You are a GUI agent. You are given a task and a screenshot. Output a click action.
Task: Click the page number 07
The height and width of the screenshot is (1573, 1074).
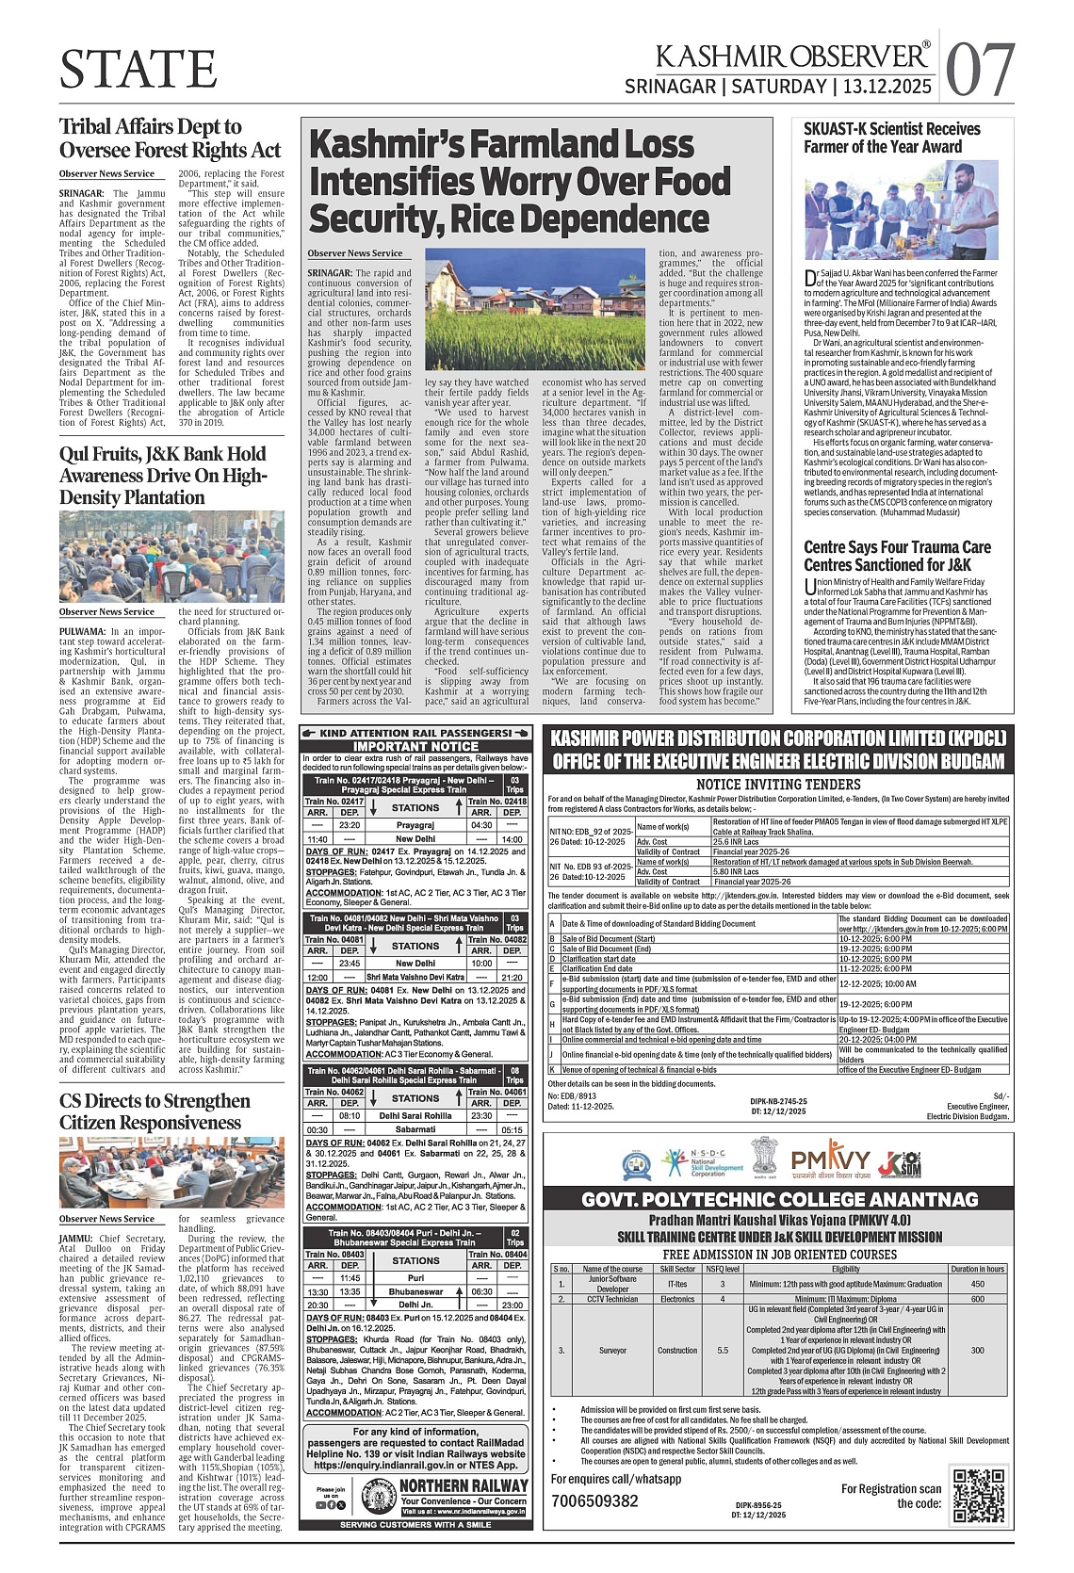point(980,69)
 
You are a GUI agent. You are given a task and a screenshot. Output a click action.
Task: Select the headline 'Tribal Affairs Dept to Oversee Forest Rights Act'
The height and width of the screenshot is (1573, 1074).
point(171,138)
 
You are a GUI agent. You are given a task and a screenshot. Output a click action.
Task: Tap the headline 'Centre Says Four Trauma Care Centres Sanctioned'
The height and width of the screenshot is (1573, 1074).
point(897,556)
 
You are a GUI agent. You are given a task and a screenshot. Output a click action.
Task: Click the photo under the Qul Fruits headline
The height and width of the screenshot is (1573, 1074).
point(171,557)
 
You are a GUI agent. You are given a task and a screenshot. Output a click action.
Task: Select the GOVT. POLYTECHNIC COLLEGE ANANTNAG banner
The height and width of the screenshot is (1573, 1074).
point(778,1199)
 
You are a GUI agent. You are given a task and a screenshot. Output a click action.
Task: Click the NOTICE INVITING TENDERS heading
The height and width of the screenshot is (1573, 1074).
point(778,784)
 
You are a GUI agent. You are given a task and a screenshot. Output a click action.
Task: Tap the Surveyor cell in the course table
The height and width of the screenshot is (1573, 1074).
point(612,1350)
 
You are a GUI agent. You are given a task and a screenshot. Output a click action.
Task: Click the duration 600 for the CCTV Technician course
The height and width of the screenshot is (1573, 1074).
point(977,1299)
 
